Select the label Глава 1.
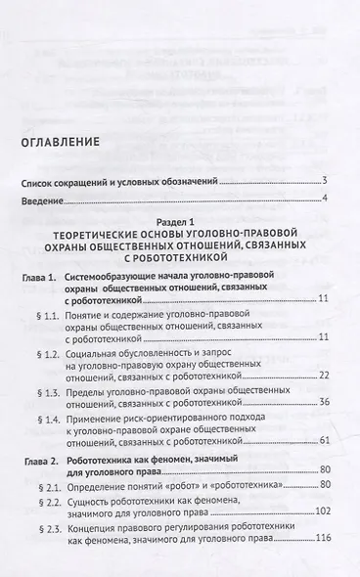click(36, 279)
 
